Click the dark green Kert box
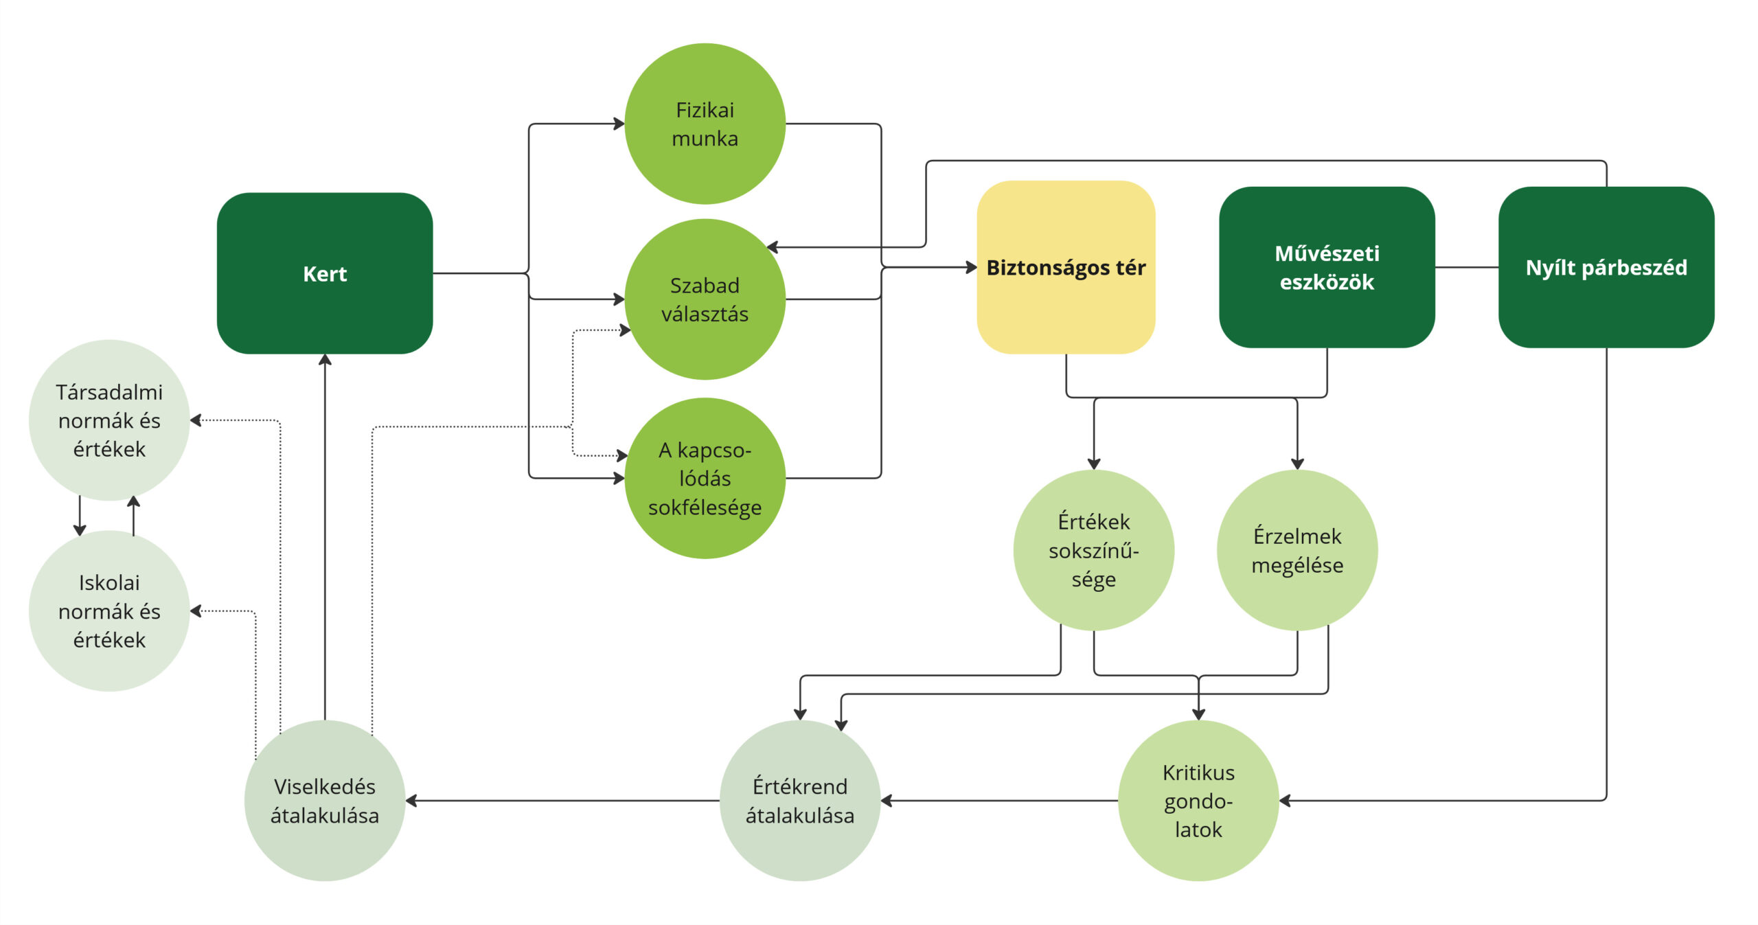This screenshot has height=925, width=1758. tap(325, 273)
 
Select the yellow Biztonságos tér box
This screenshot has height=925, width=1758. tap(1066, 267)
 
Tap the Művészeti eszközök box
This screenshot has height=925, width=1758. tap(1327, 267)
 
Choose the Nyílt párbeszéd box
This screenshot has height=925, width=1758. tap(1606, 267)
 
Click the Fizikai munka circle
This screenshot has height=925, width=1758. tap(705, 124)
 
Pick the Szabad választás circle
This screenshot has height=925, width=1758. tap(705, 299)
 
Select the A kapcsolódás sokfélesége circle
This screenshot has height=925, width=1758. tap(705, 478)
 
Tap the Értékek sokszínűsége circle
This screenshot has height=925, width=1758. tap(1094, 550)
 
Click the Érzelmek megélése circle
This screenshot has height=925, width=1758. tap(1297, 550)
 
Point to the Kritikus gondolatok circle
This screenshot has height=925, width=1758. tap(1198, 801)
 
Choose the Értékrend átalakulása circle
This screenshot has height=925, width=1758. tap(800, 801)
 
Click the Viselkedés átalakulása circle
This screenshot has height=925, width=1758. tap(325, 801)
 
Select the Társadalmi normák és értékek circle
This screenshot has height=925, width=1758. tap(109, 420)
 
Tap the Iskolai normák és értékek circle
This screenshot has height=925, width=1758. tap(109, 610)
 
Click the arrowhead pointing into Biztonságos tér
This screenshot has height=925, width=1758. tap(971, 267)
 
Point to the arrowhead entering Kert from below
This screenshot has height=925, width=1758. tap(325, 360)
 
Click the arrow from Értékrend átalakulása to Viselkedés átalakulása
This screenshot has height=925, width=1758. tap(562, 801)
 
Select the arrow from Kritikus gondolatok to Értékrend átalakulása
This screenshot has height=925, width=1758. tap(999, 801)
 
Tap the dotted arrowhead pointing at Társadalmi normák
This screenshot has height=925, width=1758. tap(196, 420)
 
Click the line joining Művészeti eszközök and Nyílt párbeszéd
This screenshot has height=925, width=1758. tap(1467, 267)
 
